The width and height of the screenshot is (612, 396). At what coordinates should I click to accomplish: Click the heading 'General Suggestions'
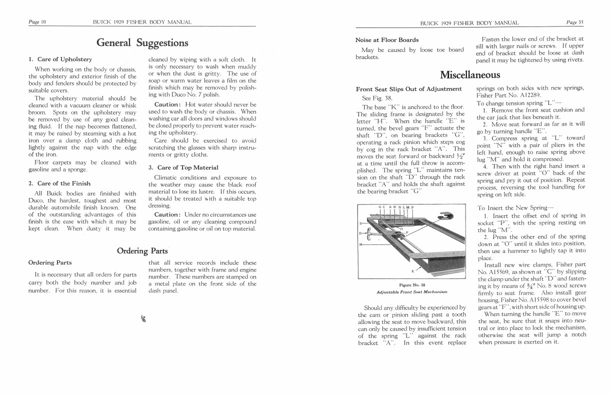click(x=142, y=42)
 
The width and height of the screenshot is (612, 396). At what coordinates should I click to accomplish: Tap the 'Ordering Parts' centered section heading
click(x=142, y=250)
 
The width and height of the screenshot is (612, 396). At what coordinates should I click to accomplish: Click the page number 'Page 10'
click(x=37, y=22)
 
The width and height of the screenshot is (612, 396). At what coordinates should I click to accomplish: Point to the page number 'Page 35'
click(x=575, y=22)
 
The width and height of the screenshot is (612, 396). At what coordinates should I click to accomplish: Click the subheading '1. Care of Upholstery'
click(x=60, y=59)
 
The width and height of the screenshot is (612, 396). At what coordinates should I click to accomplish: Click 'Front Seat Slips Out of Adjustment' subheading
click(x=408, y=89)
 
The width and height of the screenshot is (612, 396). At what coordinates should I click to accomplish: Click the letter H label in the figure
click(x=361, y=244)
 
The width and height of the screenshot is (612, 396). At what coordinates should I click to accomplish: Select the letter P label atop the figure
click(x=413, y=206)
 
